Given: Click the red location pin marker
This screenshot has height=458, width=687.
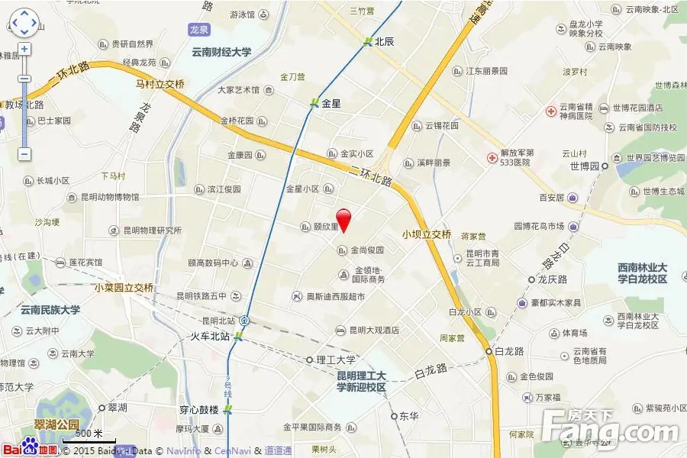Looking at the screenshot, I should tap(343, 218).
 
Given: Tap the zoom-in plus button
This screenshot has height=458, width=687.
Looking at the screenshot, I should tap(24, 49).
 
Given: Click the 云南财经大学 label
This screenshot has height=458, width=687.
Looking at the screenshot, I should tap(221, 53).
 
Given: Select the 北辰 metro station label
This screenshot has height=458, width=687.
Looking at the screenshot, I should tap(384, 42).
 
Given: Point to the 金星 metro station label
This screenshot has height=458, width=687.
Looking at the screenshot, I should tap(331, 103).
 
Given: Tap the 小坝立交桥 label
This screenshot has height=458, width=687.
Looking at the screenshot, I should tap(427, 234).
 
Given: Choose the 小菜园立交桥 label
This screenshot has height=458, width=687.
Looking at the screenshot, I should tap(124, 288).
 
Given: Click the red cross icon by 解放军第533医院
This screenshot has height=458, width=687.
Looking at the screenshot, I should tap(493, 158).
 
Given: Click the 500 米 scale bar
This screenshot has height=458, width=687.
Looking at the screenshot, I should tap(89, 437).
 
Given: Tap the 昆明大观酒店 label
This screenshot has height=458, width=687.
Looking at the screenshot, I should tap(374, 331).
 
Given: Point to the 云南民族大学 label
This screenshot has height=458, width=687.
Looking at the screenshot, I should tap(50, 310).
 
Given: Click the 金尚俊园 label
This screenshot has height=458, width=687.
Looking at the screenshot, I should tap(367, 250).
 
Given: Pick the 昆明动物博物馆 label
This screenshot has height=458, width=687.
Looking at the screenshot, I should tap(110, 197).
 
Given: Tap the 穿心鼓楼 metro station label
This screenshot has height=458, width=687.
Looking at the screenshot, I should tap(199, 410).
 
